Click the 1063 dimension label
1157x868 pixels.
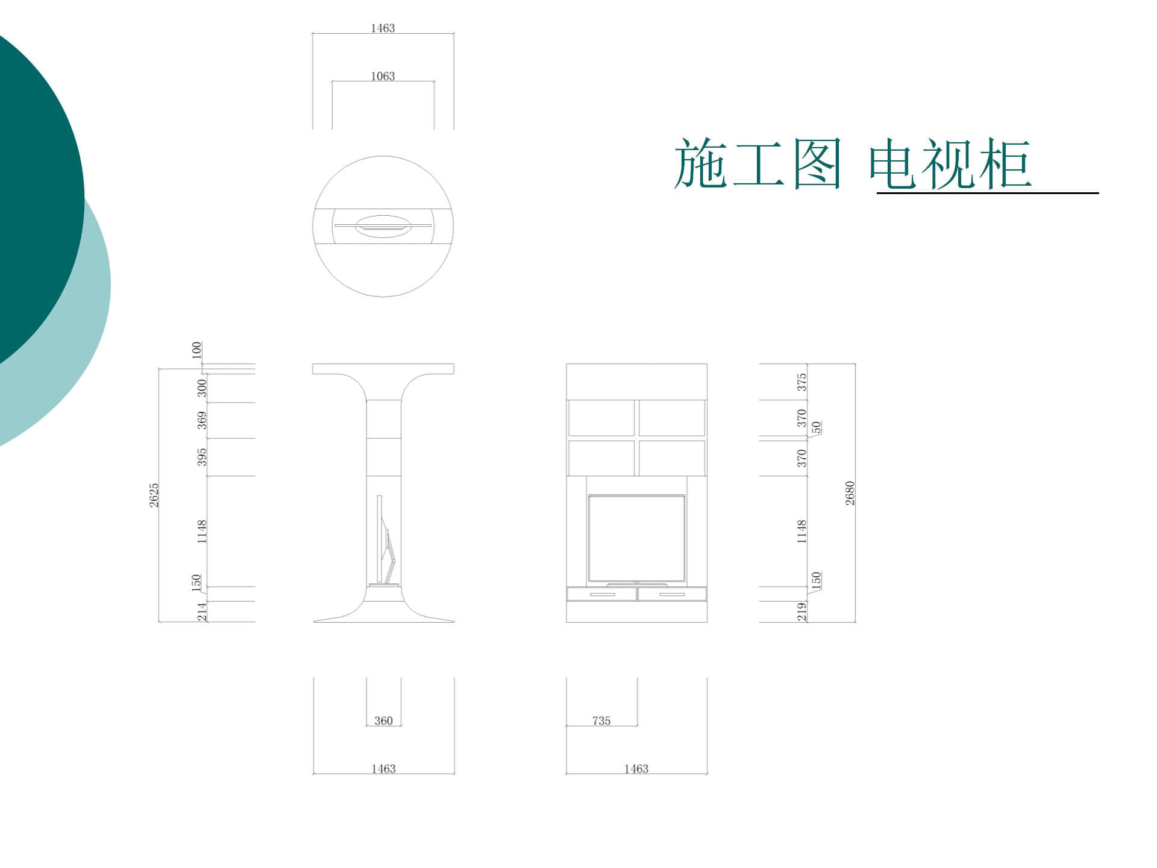point(383,77)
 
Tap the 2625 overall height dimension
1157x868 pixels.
point(154,495)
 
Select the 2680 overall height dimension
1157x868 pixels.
point(850,493)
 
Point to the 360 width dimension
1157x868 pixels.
point(383,721)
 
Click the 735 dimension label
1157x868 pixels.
point(601,721)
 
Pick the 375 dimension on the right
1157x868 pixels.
point(801,382)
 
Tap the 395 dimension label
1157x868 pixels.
point(202,457)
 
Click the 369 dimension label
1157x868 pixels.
point(202,420)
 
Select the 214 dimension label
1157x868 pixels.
point(202,612)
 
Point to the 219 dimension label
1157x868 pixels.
point(801,612)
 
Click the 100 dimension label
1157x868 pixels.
point(196,350)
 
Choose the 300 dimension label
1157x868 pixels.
point(202,388)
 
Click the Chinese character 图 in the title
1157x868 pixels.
point(817,163)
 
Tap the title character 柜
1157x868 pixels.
point(1005,163)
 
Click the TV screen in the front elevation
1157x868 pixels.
point(636,539)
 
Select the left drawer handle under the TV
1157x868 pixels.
point(602,595)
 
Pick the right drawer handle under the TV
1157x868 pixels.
point(672,595)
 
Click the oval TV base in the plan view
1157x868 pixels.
point(383,226)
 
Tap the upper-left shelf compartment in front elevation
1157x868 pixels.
point(601,417)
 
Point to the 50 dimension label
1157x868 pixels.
point(817,427)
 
